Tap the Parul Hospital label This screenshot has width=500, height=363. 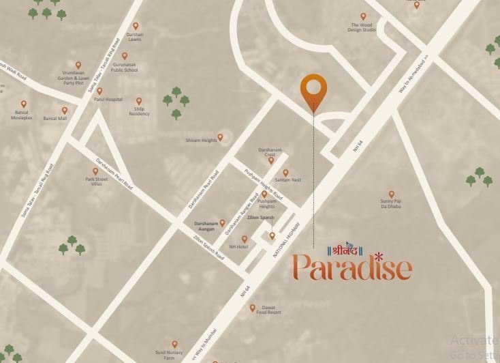(109, 100)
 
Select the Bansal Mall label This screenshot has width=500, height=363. (55, 119)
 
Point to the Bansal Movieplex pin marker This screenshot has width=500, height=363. (24, 104)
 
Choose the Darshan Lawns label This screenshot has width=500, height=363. (135, 38)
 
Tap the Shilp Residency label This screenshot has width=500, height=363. (139, 111)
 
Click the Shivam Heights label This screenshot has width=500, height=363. (202, 141)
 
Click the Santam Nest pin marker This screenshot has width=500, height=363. (285, 173)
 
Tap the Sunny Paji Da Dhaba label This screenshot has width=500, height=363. (391, 203)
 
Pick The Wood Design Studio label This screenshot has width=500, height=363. (362, 28)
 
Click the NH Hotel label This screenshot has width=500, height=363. (238, 246)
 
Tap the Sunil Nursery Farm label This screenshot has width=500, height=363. (174, 355)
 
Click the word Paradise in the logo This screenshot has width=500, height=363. (352, 267)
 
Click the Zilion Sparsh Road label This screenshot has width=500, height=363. (208, 246)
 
